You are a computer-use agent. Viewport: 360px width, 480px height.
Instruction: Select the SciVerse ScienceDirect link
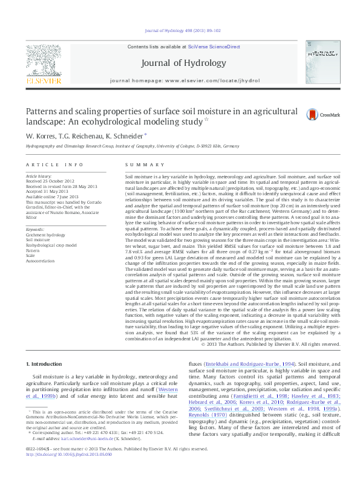click(214, 47)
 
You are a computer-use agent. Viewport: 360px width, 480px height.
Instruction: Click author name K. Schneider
click(125, 137)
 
